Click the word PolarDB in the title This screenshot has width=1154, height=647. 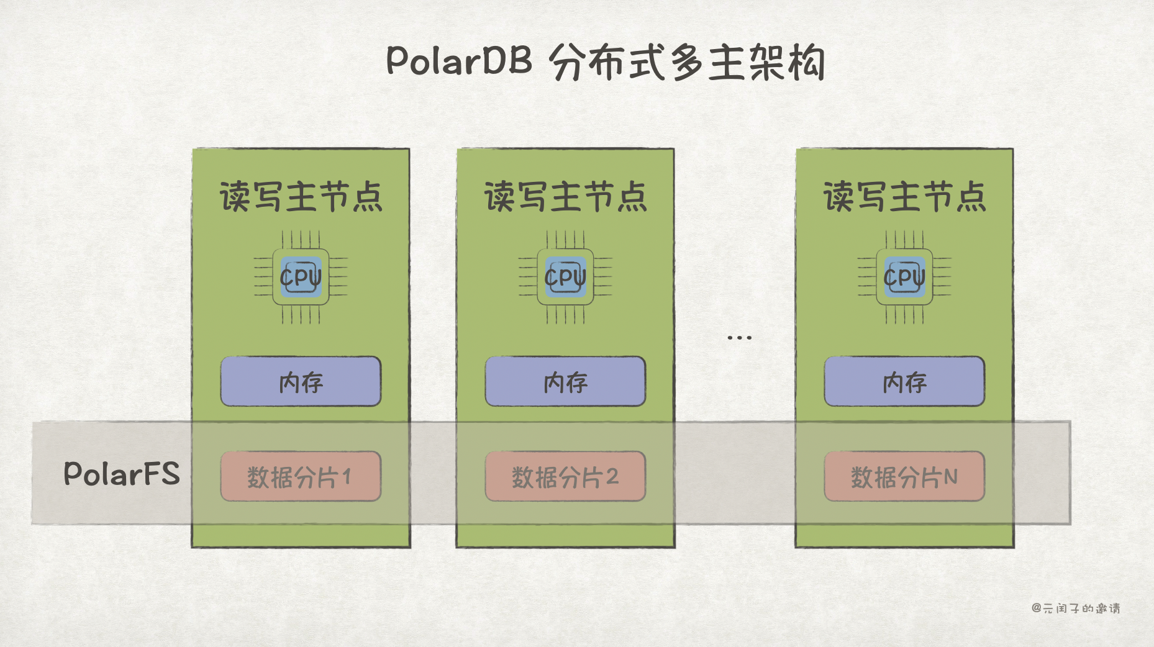point(458,61)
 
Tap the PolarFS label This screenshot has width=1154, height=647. point(122,474)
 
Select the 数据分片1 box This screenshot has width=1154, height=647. point(301,476)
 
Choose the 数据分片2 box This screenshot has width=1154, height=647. point(565,476)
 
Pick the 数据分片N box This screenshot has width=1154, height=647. point(904,476)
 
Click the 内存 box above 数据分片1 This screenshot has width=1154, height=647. point(301,381)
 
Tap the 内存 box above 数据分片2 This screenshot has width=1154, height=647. point(565,381)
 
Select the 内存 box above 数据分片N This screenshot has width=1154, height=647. point(904,381)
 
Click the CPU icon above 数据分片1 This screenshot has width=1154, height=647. point(301,277)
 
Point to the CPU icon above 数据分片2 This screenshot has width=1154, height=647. point(565,277)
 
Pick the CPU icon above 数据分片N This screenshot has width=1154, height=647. point(904,277)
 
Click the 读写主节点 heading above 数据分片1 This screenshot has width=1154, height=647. point(301,197)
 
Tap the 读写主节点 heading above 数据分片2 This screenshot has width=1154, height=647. point(565,197)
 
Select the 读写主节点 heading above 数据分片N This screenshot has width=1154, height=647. point(904,197)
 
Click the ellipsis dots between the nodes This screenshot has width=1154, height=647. point(739,338)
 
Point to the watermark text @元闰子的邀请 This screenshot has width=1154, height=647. point(1076,609)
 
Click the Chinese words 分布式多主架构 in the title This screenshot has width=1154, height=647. point(687,62)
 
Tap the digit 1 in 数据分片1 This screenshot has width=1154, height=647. point(347,477)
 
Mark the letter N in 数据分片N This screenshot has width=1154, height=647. point(950,477)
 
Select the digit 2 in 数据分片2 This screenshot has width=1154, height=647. point(612,477)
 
